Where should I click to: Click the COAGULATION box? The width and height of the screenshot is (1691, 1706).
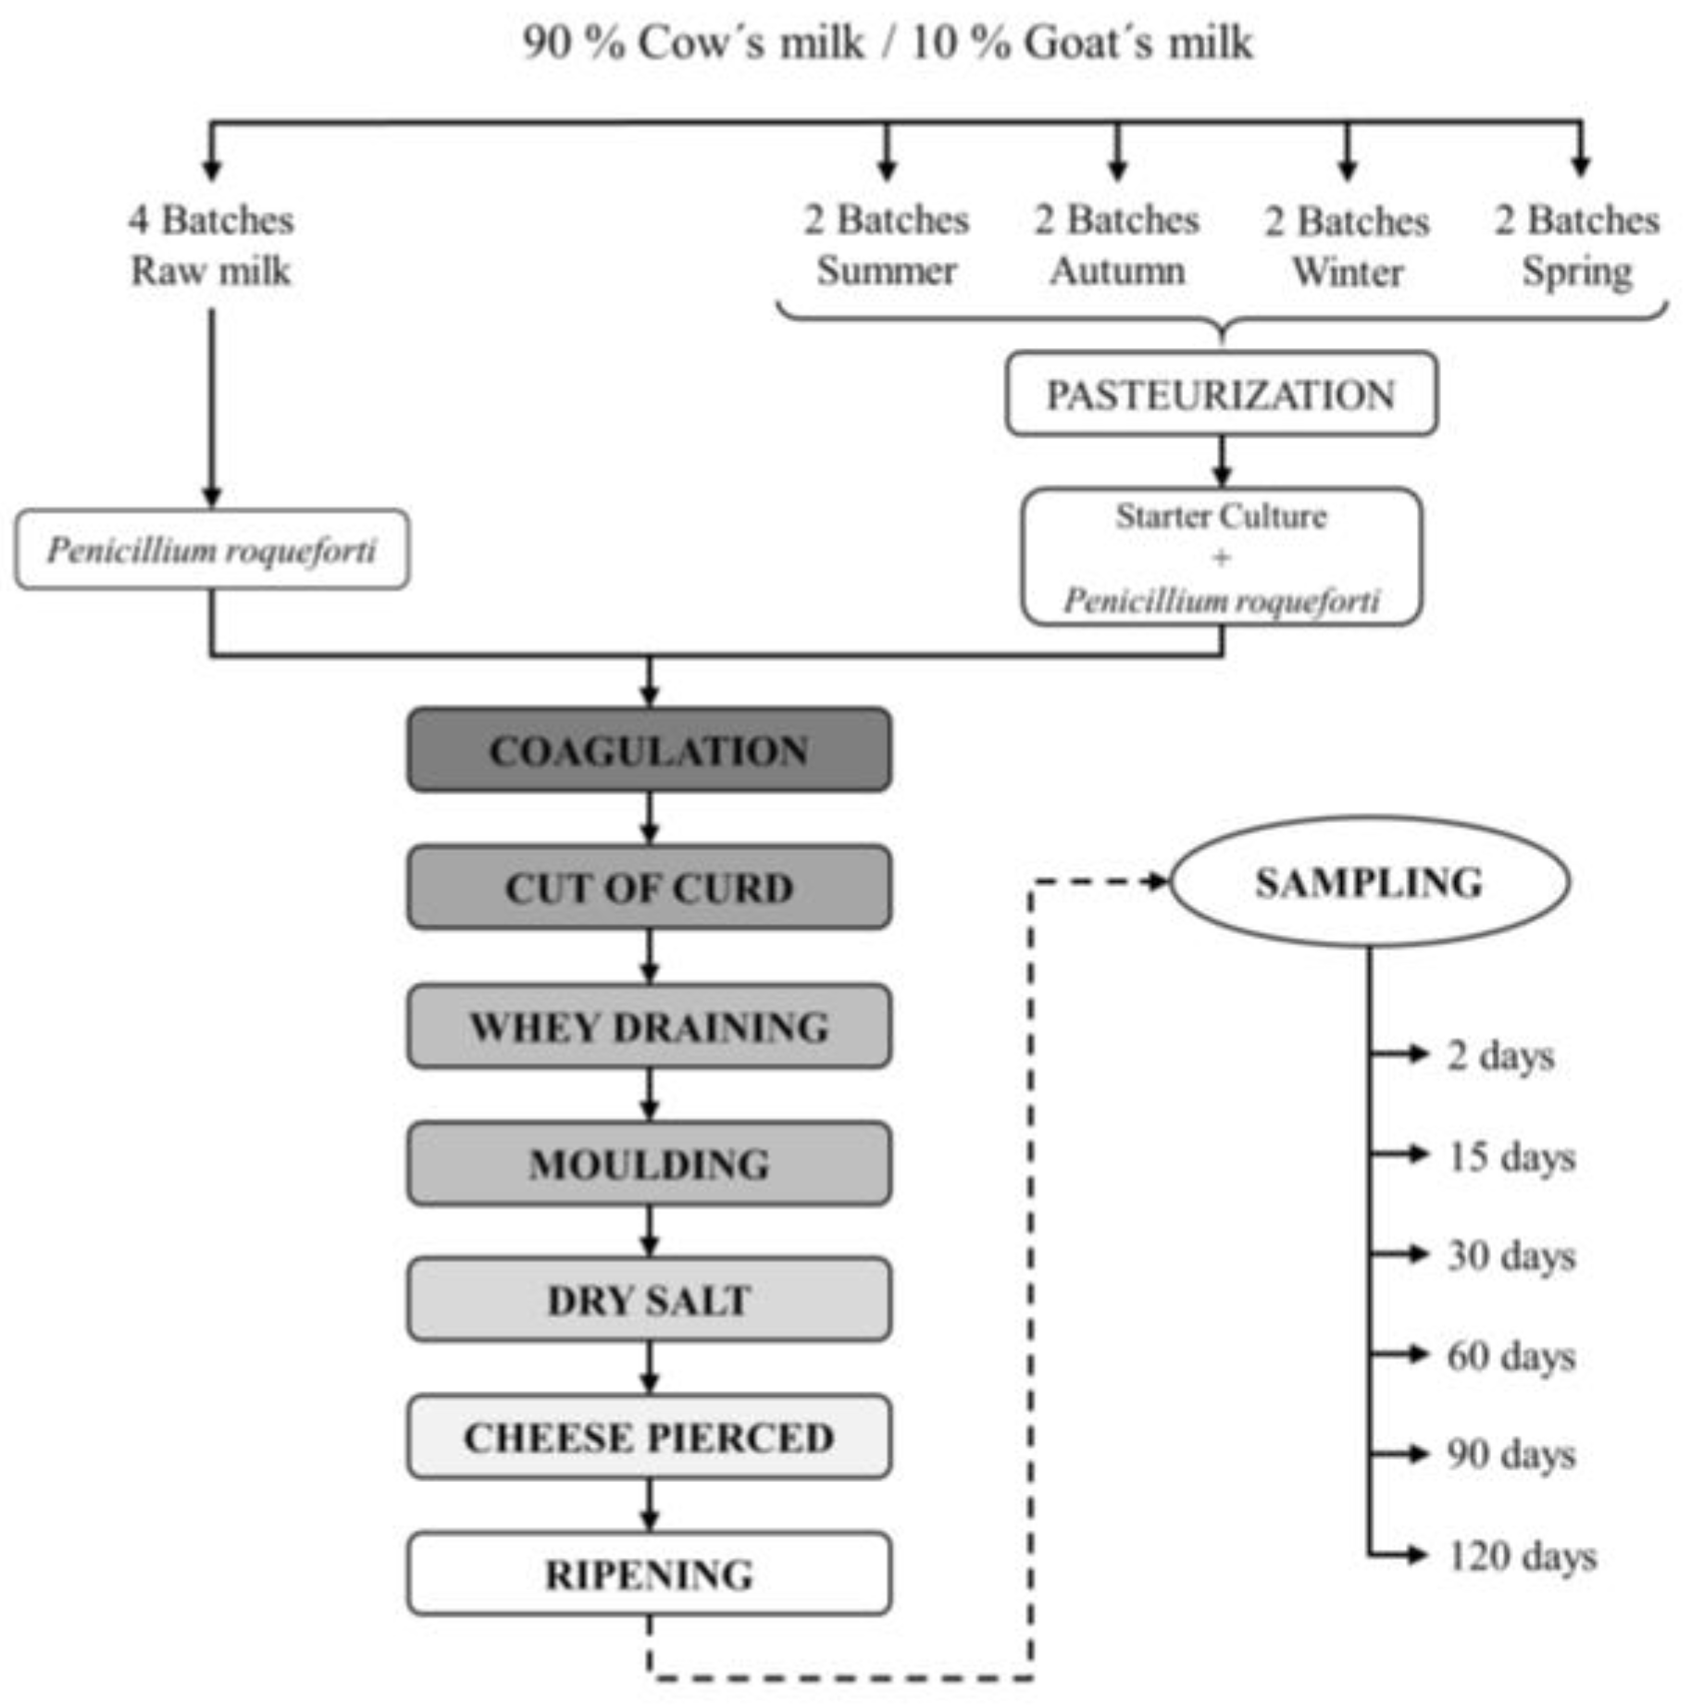pyautogui.click(x=649, y=750)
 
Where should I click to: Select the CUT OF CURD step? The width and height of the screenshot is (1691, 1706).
pyautogui.click(x=649, y=887)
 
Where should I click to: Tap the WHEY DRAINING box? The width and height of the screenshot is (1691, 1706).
pyautogui.click(x=649, y=1026)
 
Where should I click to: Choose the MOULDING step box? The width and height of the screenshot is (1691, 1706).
pyautogui.click(x=649, y=1163)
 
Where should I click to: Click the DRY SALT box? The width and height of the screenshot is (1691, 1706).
pyautogui.click(x=649, y=1300)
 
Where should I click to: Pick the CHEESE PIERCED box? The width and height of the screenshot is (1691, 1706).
pyautogui.click(x=649, y=1437)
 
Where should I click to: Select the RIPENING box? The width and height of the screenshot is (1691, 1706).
pyautogui.click(x=649, y=1574)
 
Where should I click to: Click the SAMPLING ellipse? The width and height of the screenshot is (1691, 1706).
pyautogui.click(x=1369, y=881)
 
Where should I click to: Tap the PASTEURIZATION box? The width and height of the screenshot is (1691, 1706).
pyautogui.click(x=1221, y=393)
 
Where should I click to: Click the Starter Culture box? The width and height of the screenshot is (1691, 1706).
pyautogui.click(x=1221, y=556)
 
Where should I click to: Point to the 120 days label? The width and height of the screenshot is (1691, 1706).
pyautogui.click(x=1522, y=1556)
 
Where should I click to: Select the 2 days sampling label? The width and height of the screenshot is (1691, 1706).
pyautogui.click(x=1500, y=1055)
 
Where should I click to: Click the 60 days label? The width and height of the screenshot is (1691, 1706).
pyautogui.click(x=1511, y=1356)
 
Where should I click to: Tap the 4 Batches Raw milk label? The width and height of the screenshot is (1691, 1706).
pyautogui.click(x=211, y=245)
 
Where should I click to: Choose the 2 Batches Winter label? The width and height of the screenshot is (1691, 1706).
pyautogui.click(x=1347, y=246)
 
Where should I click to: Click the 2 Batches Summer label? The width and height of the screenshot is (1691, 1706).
pyautogui.click(x=886, y=245)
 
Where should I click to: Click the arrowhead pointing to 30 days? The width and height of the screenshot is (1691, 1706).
pyautogui.click(x=1418, y=1254)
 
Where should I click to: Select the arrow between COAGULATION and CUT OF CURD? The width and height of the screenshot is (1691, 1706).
pyautogui.click(x=649, y=818)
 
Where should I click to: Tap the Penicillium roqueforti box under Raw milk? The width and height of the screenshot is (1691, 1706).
pyautogui.click(x=211, y=549)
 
